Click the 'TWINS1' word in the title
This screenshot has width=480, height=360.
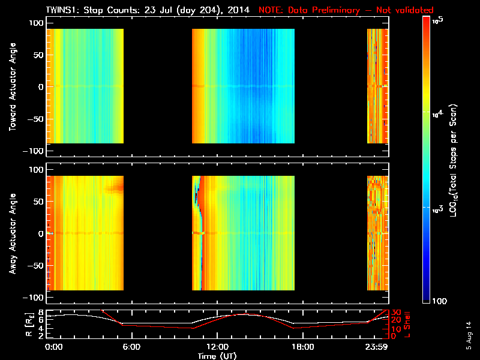(x=62, y=10)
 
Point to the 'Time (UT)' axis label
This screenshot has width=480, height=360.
(x=218, y=355)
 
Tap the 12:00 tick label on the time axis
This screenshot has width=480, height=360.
(x=217, y=347)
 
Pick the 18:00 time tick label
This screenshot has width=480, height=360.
(x=302, y=347)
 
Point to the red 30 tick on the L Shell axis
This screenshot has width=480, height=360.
(x=395, y=312)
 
